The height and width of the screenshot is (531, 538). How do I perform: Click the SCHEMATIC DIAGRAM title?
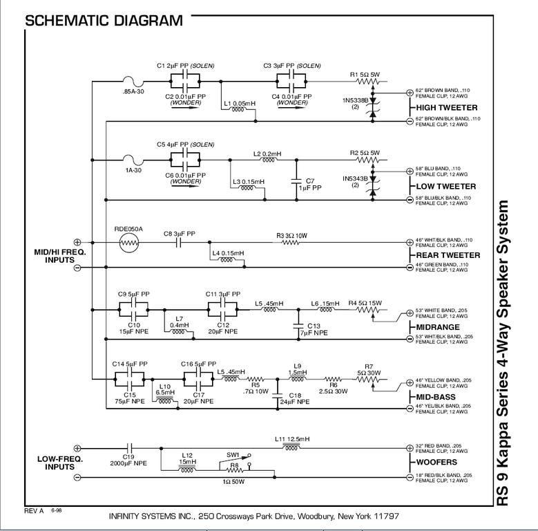point(104,20)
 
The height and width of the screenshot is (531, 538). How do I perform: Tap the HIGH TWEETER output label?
point(446,108)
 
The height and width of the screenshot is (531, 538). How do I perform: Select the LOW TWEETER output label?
point(445,187)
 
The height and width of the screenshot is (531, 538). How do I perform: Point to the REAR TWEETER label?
point(446,255)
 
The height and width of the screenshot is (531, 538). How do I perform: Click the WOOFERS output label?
point(437,462)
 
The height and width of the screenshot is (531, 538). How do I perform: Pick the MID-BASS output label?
point(439,397)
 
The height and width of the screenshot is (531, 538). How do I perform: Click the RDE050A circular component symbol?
point(128,243)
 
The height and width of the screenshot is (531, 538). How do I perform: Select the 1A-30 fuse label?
point(133,169)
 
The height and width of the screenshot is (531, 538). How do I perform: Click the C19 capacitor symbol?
point(128,448)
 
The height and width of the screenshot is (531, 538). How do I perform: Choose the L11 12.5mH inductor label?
point(292,438)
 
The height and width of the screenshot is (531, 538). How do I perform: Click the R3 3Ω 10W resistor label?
point(292,236)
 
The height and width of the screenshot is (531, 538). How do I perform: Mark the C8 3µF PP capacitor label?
point(179,234)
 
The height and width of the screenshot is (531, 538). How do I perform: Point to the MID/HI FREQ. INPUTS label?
point(59,256)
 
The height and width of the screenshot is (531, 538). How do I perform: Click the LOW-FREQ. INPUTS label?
point(59,463)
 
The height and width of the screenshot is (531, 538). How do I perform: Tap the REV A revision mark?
point(34,510)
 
